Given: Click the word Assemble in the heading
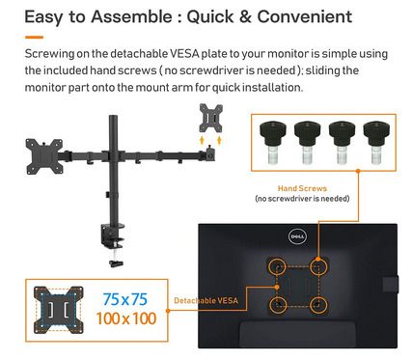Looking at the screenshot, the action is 131,16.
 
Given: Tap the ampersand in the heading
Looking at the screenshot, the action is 245,16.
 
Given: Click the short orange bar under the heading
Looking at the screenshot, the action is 34,38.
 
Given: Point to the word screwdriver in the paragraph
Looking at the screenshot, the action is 211,70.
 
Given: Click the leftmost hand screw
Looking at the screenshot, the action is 273,142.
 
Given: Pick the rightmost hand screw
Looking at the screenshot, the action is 376,142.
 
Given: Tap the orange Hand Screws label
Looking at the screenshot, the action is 302,188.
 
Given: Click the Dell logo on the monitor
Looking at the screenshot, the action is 297,237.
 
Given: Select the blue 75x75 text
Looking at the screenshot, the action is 125,299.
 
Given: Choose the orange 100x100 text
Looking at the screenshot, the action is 126,318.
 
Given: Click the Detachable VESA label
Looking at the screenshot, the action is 206,301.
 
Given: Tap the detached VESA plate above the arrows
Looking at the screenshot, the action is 211,118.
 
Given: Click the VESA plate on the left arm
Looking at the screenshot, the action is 44,156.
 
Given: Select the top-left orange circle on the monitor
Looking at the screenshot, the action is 277,266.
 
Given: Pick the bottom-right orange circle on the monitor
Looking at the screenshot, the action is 318,304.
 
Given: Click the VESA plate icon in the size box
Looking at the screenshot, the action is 58,310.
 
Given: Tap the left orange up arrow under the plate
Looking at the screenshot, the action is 202,141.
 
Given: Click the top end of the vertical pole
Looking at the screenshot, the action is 113,117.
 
